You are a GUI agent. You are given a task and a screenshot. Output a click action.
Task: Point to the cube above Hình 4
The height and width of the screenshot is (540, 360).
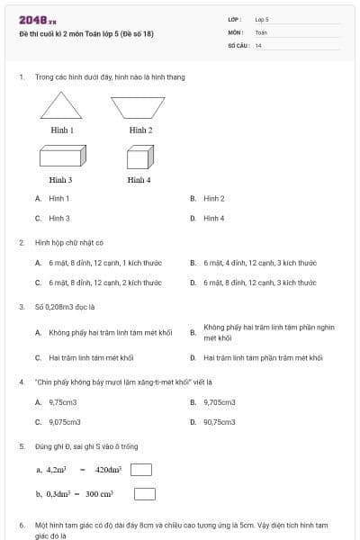pyautogui.click(x=138, y=158)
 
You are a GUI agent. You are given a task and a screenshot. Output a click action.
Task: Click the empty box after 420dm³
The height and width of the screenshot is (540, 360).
pyautogui.click(x=140, y=469)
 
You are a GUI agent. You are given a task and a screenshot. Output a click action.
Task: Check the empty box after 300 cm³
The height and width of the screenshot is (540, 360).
pyautogui.click(x=145, y=493)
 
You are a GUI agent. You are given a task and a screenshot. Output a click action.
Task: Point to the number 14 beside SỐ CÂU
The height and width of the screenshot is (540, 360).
pyautogui.click(x=258, y=45)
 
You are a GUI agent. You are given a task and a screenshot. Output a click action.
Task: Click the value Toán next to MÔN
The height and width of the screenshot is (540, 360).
pyautogui.click(x=261, y=32)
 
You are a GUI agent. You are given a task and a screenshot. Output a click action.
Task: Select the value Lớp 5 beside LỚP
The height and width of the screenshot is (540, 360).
pyautogui.click(x=262, y=19)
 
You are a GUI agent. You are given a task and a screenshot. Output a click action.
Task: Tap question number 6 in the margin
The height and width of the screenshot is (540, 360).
pyautogui.click(x=21, y=524)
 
